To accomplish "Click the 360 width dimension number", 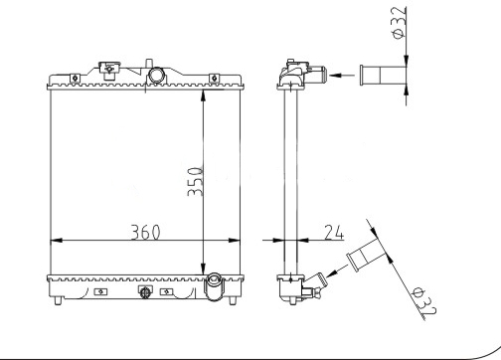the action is pos(145,232).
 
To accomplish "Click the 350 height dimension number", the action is pos(195,181).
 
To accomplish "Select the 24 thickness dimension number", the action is pos(334,232).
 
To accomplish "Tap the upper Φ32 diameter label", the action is pos(399,23).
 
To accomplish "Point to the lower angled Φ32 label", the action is pos(423,301).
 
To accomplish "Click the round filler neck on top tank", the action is pos(156,75).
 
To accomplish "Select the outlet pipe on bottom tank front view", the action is pos(215,286).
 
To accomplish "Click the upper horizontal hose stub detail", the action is pos(383,76).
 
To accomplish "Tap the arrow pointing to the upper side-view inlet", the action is pos(341,76).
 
